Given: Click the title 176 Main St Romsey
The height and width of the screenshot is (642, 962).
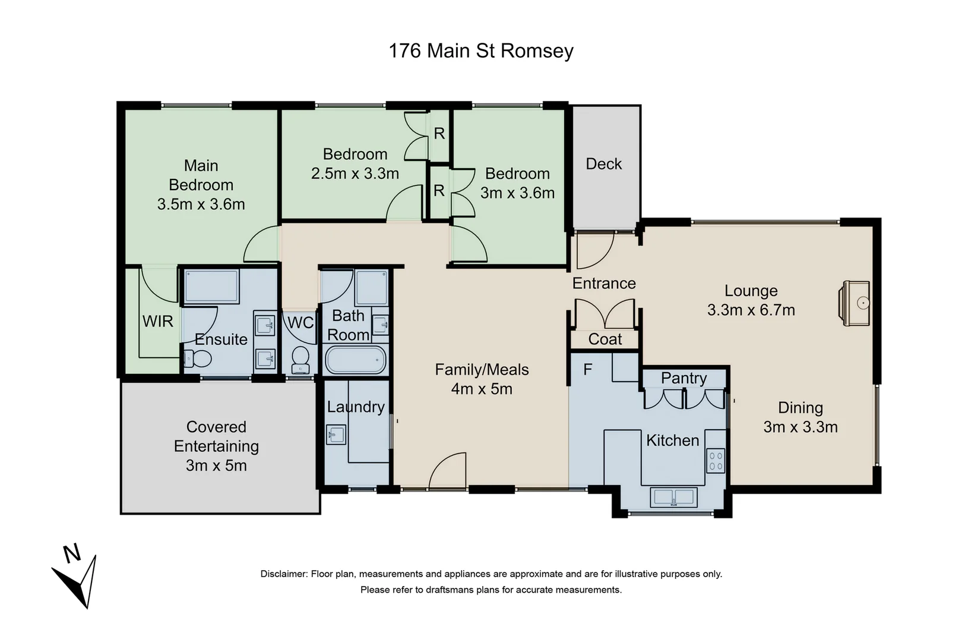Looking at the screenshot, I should click(480, 51).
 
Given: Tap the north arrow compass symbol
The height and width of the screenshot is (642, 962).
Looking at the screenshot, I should click(80, 580).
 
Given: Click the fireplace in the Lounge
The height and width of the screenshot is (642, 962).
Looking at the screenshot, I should click(856, 303).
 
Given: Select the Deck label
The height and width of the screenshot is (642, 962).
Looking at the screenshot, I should click(603, 164).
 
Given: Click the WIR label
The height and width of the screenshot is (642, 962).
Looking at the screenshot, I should click(157, 322).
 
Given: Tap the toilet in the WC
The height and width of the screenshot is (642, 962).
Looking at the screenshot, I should click(300, 358).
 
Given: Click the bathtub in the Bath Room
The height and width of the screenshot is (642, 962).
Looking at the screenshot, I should click(355, 360).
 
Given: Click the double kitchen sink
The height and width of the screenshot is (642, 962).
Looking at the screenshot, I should click(673, 497).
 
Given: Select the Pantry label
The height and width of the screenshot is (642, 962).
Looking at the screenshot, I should click(683, 379).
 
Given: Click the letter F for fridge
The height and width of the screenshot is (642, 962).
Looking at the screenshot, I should click(587, 370).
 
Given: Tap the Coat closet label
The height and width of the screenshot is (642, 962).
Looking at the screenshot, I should click(605, 339).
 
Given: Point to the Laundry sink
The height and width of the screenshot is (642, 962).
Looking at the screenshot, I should click(336, 435).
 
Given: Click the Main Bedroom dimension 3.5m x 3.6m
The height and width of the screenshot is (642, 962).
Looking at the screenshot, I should click(201, 204).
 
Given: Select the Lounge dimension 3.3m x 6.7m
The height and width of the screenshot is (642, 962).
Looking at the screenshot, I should click(751, 310).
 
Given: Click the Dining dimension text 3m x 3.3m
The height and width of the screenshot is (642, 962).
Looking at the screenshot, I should click(800, 427).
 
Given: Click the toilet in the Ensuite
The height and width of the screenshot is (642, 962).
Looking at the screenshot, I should click(198, 359).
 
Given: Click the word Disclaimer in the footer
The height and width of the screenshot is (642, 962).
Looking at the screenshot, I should click(283, 574).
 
